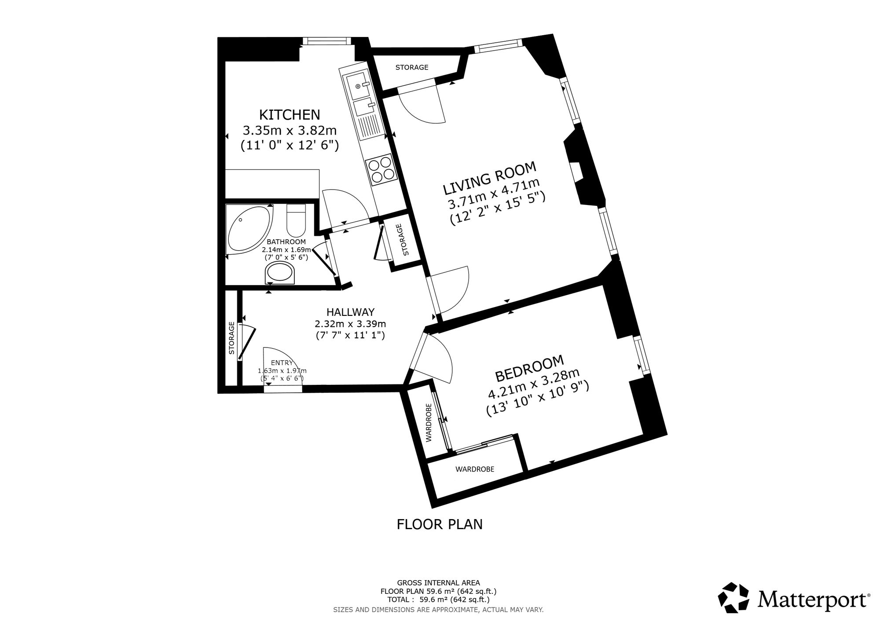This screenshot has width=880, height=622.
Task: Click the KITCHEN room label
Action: coord(290,115)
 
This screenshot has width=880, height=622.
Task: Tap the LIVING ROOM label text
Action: coord(490,178)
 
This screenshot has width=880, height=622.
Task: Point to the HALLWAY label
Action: coord(350,312)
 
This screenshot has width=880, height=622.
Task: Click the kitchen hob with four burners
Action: coord(380,169)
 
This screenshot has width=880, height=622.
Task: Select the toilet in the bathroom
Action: coord(296,220)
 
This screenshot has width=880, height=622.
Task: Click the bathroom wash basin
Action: coord(280,273)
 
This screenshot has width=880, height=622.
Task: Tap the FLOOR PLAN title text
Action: coord(440,524)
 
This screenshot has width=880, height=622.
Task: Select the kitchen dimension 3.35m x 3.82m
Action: coord(290,131)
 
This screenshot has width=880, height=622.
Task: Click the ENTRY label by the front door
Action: coord(282,362)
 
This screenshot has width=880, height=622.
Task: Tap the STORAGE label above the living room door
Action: coord(412,67)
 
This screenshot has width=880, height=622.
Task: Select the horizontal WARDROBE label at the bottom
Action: coord(475,469)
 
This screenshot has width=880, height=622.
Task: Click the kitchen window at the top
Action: coord(326,41)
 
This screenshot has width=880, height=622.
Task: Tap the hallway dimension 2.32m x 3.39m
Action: coord(350,324)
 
